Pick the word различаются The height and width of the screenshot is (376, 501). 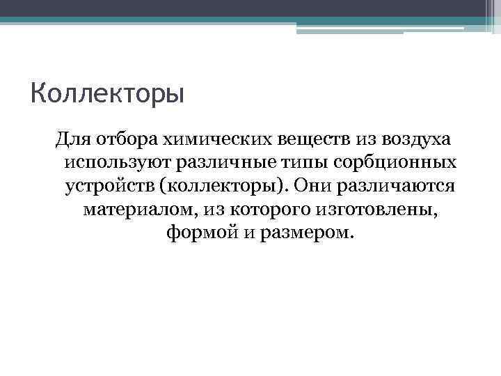tap(395, 186)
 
